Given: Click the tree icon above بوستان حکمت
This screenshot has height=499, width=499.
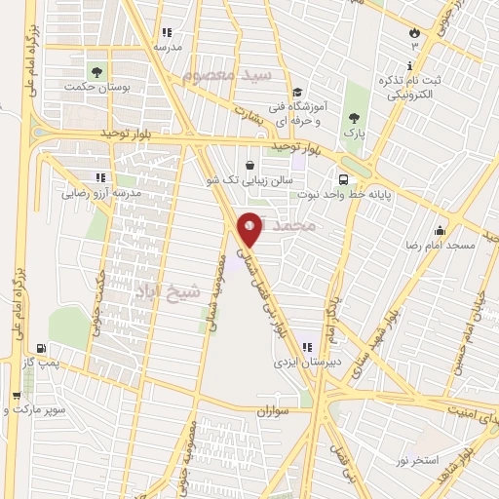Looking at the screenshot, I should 96,71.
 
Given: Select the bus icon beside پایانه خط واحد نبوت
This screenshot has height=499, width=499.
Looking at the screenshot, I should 343,179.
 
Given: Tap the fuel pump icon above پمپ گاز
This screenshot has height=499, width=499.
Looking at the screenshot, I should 39,349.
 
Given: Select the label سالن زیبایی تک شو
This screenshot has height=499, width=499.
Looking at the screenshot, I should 253,181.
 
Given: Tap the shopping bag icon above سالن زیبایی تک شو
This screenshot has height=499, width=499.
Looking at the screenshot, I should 253,165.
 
